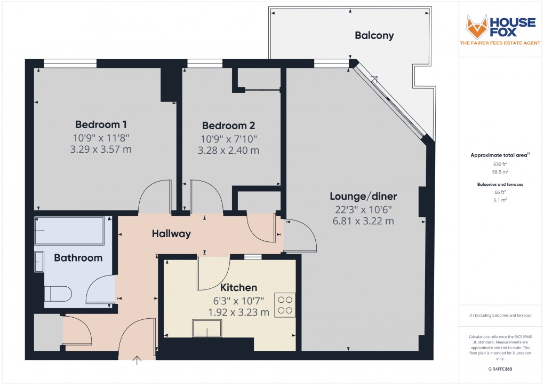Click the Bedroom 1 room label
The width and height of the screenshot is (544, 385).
click(x=101, y=125)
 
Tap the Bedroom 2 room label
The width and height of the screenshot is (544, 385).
click(x=228, y=126)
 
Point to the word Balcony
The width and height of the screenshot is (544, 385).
click(x=374, y=36)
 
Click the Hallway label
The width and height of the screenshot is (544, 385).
click(x=171, y=233)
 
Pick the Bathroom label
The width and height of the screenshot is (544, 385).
click(x=78, y=258)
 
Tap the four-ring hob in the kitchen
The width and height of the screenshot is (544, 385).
click(x=285, y=305)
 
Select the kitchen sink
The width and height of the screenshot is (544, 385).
click(x=207, y=329)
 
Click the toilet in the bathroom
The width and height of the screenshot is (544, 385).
click(x=58, y=294)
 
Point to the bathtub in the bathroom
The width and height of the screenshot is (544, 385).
click(x=72, y=231)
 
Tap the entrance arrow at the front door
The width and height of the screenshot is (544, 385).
click(x=138, y=360)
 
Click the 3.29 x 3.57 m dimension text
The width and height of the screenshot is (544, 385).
click(x=101, y=150)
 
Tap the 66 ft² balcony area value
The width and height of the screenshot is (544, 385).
click(x=500, y=192)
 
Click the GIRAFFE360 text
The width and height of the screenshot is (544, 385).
click(x=500, y=369)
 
